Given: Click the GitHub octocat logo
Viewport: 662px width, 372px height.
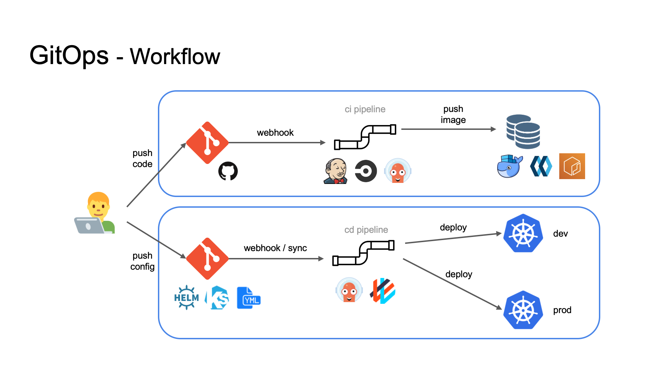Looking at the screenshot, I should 228,171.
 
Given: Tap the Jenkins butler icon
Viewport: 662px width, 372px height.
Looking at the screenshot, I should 335,171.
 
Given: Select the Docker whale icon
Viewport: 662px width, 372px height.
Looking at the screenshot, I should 510,166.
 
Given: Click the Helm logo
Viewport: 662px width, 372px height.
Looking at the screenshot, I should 187,297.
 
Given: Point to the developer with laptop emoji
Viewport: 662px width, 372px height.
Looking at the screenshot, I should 95,214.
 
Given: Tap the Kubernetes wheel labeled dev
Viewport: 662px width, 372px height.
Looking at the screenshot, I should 523,233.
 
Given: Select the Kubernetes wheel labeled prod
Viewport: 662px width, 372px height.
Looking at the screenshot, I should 523,310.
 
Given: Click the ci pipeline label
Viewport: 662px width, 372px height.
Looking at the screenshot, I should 365,109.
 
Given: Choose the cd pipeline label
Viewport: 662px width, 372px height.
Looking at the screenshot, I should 366,230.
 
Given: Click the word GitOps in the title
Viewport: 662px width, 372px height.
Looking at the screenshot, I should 69,56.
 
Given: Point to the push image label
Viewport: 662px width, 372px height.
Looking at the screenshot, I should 453,114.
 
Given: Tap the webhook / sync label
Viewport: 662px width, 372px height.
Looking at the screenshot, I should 275,248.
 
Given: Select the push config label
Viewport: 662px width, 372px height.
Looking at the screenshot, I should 142,261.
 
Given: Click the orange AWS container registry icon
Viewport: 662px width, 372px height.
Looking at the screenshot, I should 572,166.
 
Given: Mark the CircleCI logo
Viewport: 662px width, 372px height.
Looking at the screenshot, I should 366,171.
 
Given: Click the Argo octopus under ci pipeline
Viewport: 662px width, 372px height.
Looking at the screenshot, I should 398,171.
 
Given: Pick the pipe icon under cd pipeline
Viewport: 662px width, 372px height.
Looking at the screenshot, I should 363,253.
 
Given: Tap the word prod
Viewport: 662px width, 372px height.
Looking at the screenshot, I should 562,310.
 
